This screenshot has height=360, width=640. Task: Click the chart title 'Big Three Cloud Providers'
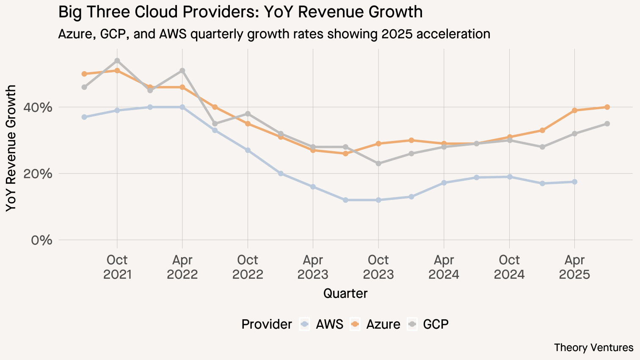240,12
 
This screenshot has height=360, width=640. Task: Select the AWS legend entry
322,324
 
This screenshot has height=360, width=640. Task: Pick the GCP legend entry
428,324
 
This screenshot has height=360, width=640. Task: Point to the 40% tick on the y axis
41,108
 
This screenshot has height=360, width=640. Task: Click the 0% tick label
41,240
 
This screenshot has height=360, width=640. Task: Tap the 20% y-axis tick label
41,174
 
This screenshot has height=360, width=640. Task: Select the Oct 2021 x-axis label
117,267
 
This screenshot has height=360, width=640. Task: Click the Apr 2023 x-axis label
313,267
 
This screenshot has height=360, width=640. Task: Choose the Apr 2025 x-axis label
574,267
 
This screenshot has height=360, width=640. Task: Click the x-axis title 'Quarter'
345,294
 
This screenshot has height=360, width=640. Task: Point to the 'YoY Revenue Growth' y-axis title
11,148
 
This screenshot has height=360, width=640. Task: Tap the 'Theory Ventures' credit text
593,348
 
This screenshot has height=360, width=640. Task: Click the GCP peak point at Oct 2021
117,61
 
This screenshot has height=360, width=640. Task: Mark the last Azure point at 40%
607,107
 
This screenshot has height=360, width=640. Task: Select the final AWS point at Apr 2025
574,182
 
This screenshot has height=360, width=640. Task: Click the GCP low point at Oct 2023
378,163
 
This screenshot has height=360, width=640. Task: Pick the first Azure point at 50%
84,74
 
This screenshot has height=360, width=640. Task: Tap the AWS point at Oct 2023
378,200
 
